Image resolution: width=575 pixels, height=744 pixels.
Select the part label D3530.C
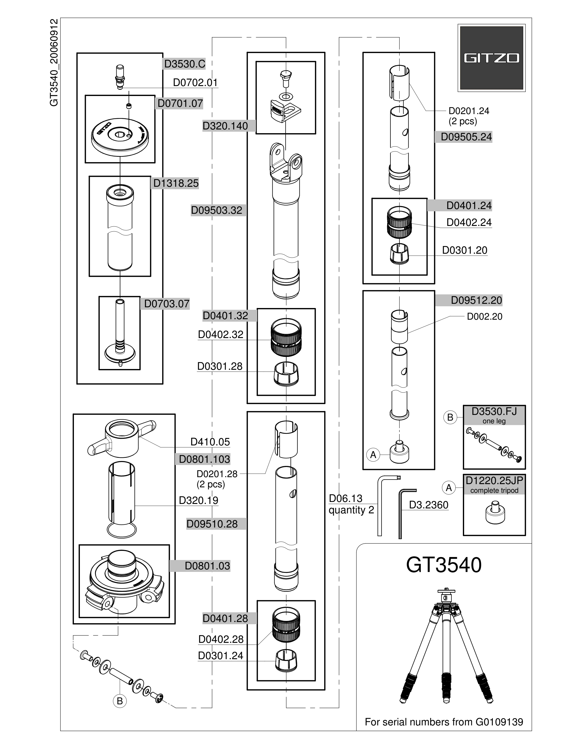[185, 64]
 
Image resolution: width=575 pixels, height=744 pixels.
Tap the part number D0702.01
[195, 82]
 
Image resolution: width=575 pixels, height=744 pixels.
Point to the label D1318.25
[176, 183]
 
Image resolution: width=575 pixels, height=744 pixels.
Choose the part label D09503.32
[217, 210]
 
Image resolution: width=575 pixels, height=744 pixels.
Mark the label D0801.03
[207, 566]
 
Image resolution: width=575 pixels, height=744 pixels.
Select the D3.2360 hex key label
[429, 505]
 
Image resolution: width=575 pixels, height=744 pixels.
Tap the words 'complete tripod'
[494, 491]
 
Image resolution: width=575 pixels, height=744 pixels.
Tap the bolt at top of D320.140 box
[286, 78]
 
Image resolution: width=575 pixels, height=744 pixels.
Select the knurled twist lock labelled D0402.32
[287, 337]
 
